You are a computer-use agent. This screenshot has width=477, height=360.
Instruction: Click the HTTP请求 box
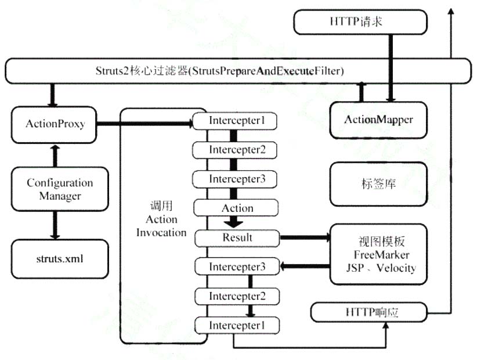[x=360, y=22]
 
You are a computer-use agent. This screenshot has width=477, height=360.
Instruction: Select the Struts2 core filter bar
[x=238, y=71]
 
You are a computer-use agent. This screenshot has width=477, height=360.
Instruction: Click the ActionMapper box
[x=378, y=120]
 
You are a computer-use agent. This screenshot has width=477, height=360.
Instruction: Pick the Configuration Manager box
[x=59, y=189]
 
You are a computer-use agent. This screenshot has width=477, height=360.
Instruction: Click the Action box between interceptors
[x=237, y=208]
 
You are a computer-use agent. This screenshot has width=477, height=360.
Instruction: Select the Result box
[x=237, y=237]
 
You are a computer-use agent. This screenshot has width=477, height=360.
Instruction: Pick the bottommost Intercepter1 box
[x=236, y=326]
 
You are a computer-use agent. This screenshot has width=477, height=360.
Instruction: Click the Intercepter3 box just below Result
[x=237, y=267]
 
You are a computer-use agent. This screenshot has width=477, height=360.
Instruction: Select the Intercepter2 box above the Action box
[x=237, y=150]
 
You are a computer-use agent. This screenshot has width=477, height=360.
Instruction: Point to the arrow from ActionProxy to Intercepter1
[x=145, y=123]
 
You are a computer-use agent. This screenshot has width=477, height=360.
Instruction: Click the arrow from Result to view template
[x=305, y=237]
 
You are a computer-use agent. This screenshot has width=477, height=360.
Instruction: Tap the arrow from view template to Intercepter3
[x=305, y=267]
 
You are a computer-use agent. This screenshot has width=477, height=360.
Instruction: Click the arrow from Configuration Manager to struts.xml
[x=55, y=225]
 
